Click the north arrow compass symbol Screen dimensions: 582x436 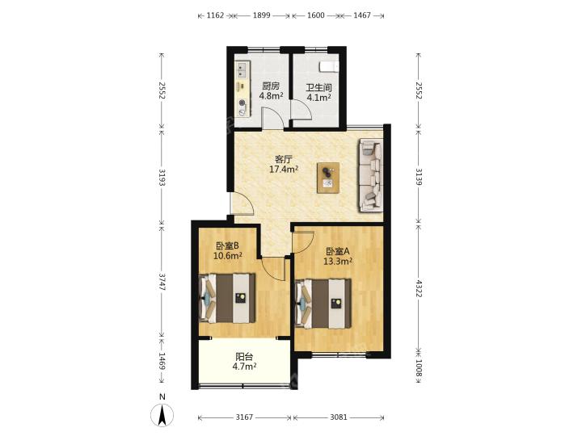(162, 415)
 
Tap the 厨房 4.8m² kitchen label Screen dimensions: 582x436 (271, 91)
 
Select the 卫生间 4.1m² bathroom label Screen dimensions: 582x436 (318, 93)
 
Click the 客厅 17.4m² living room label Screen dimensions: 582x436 (284, 165)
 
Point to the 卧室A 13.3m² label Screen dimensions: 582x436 (338, 256)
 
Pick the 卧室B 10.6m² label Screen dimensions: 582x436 (227, 250)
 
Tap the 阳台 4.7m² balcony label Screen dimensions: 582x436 (245, 362)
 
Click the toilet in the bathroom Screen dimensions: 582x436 (329, 66)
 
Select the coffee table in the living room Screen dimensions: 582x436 (327, 178)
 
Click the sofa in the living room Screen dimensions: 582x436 (370, 175)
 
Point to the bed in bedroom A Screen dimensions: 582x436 (323, 304)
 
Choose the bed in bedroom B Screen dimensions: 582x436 (227, 298)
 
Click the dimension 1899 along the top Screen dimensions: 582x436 (261, 15)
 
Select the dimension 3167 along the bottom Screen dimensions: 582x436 (244, 417)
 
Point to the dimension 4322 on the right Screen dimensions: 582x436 (419, 289)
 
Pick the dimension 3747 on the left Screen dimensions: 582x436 (162, 282)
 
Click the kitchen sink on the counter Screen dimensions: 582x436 (242, 70)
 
